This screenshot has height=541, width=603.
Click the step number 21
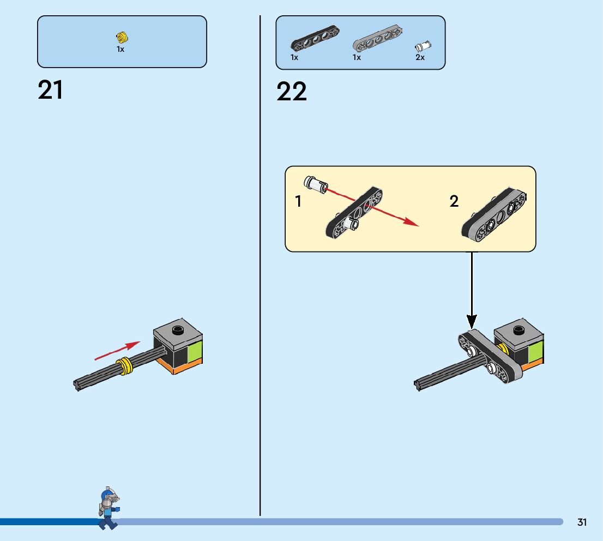tap(50, 90)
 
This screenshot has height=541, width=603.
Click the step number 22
tap(292, 92)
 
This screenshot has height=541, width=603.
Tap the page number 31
tap(582, 522)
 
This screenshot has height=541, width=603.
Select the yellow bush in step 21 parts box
tap(122, 38)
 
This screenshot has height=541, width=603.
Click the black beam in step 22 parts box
tap(315, 39)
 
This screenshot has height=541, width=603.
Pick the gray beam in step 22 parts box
tap(378, 39)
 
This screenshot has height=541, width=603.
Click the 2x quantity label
tap(420, 57)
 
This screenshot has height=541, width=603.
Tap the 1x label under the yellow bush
tap(120, 49)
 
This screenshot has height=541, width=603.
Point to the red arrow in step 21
tap(117, 351)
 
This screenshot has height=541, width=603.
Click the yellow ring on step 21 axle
tap(126, 365)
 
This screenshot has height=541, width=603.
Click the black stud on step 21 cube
tap(177, 329)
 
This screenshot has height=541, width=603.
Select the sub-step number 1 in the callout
tap(298, 202)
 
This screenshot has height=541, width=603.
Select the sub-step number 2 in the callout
tap(454, 201)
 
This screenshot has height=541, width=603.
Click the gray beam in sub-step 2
tap(494, 215)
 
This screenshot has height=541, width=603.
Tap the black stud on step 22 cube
tap(518, 329)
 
